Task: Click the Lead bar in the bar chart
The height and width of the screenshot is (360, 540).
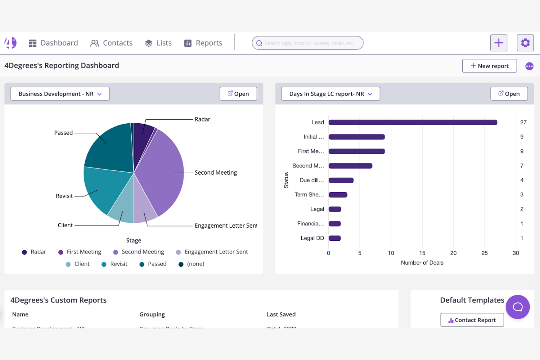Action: coord(412,123)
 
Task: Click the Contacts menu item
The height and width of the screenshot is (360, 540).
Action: coord(111,43)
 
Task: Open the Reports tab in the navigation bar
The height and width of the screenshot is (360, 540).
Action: coord(203,43)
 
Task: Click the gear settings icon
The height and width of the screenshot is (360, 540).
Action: coord(525,43)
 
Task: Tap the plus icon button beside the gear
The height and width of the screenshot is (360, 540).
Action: coord(498,43)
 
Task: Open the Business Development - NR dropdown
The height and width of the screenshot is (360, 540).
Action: coord(60,94)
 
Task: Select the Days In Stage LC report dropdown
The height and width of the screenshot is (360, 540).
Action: coord(330,94)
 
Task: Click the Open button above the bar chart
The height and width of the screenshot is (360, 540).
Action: coord(509,94)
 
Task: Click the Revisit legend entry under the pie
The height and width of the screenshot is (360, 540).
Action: coord(115,264)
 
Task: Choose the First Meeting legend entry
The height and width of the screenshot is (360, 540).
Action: coord(80,252)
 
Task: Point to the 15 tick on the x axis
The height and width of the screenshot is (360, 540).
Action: coord(422,253)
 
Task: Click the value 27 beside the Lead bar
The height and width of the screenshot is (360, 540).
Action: coord(523,123)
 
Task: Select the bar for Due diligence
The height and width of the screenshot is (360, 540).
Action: coord(341,180)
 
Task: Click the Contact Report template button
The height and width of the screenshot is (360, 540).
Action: coord(472,320)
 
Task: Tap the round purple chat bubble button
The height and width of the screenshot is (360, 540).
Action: coord(517,307)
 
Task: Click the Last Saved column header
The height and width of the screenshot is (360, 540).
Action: coord(281,314)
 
